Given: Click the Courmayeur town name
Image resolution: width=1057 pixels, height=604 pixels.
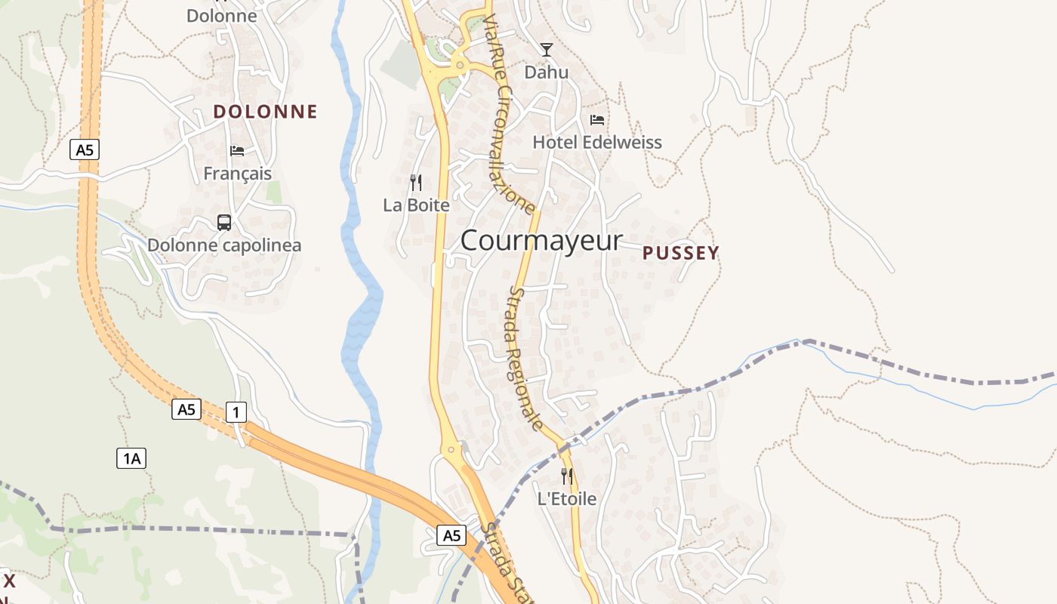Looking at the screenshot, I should click(x=541, y=241).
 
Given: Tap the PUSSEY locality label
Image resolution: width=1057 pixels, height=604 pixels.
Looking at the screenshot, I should click(x=680, y=254).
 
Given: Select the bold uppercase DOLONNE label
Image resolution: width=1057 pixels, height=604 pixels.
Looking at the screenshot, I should click(x=265, y=112).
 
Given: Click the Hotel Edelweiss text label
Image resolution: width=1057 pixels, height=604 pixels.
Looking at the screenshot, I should click(x=597, y=142).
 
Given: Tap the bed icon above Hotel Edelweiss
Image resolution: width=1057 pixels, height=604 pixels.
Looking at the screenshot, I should click(x=597, y=119).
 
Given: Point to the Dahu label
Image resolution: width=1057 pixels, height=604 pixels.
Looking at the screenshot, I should click(x=547, y=72).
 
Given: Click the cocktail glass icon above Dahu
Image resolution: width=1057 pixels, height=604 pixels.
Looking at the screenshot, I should click(x=547, y=50).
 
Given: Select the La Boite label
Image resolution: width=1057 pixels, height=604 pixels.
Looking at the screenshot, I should click(x=416, y=205).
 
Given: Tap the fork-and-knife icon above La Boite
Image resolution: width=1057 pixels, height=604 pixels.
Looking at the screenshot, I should click(x=416, y=183).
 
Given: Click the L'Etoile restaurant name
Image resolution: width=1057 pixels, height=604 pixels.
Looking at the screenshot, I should click(x=567, y=498).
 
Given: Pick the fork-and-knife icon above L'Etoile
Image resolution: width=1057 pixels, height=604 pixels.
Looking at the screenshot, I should click(x=567, y=476).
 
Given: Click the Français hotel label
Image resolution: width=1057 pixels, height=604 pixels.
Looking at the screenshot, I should click(x=237, y=173).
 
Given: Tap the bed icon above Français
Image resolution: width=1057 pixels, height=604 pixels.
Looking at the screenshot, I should click(x=237, y=150).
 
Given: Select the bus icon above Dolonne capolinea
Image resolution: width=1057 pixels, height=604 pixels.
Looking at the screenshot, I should click(x=224, y=223).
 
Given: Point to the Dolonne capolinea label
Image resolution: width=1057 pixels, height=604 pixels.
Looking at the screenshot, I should click(x=224, y=245).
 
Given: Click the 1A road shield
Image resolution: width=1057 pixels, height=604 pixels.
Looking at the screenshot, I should click(x=131, y=458).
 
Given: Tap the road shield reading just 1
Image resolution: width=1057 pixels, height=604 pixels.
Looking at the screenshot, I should click(x=236, y=412).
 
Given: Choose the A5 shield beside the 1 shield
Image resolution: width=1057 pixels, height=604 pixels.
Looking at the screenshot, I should click(x=186, y=409).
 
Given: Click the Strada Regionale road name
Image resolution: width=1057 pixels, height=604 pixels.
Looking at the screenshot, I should click(x=525, y=359).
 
